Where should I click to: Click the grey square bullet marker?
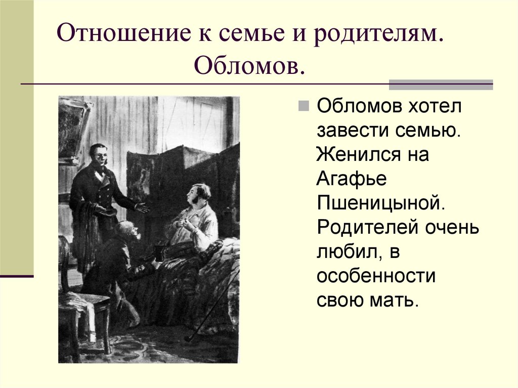pyautogui.click(x=304, y=106)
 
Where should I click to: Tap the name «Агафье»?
pyautogui.click(x=352, y=179)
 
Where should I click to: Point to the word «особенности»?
pyautogui.click(x=376, y=276)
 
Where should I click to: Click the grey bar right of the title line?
pyautogui.click(x=441, y=85)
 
